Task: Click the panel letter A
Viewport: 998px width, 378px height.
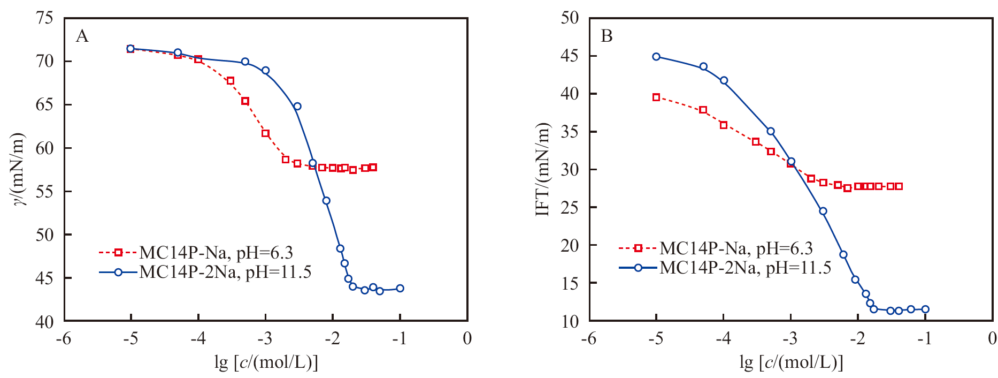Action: click(82, 36)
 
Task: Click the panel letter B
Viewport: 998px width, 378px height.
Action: click(607, 36)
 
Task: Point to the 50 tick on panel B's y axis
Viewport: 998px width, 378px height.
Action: click(570, 18)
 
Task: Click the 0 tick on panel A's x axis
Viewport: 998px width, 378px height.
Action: click(467, 338)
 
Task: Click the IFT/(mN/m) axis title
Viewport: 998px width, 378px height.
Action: click(543, 169)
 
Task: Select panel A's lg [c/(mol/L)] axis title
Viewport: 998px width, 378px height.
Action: click(266, 363)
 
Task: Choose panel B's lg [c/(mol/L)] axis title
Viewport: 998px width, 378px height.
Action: click(791, 363)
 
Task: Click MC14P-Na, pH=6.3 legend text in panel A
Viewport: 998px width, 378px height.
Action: click(216, 252)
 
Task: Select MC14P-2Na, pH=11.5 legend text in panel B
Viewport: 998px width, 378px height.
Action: click(746, 267)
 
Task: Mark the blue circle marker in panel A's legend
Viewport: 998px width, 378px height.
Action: click(118, 272)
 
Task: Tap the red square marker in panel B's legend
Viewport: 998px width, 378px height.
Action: click(638, 248)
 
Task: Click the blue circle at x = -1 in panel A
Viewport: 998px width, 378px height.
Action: click(400, 288)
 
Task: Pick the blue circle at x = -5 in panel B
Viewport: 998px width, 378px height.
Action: click(656, 57)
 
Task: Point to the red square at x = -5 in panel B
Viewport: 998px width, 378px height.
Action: click(656, 97)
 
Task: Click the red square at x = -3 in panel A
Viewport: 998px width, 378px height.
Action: click(265, 133)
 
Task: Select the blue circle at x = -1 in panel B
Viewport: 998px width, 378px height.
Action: click(925, 309)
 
